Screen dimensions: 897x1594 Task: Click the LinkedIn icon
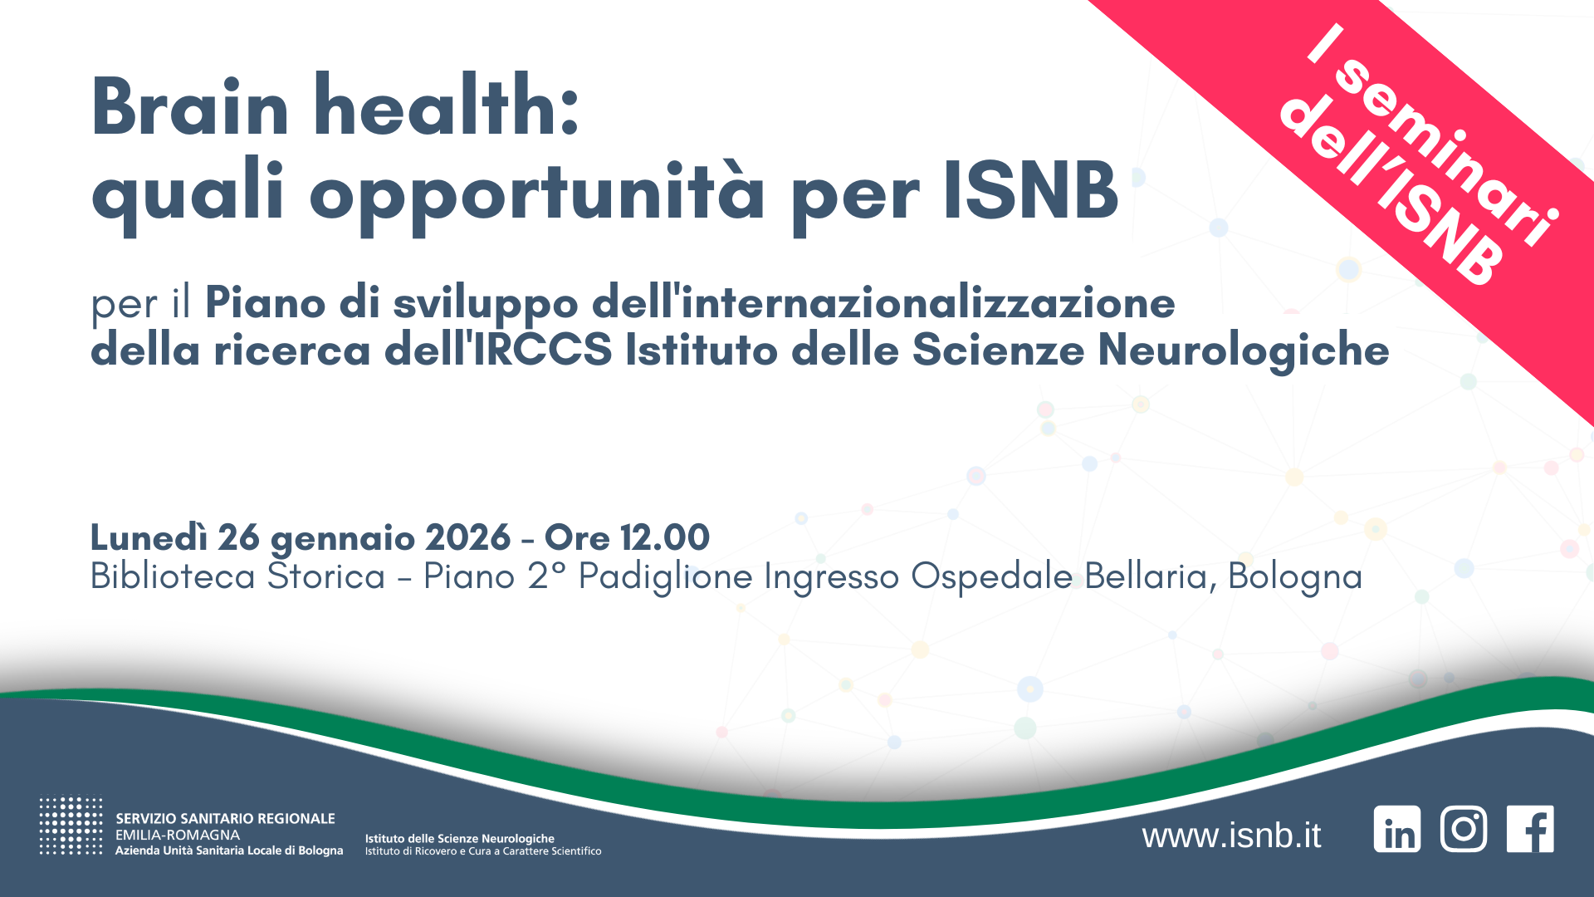1397,829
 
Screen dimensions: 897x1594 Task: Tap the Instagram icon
1464,829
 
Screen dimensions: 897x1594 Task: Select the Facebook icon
1530,829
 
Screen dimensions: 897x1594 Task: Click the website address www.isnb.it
1231,836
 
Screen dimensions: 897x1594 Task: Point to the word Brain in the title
190,107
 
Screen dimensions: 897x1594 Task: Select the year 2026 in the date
467,538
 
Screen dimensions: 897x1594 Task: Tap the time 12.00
664,538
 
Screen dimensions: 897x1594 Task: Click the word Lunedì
149,538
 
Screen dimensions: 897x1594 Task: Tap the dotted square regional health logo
71,826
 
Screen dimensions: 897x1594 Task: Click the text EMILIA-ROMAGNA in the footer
178,835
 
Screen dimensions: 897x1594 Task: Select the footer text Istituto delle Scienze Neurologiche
460,839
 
